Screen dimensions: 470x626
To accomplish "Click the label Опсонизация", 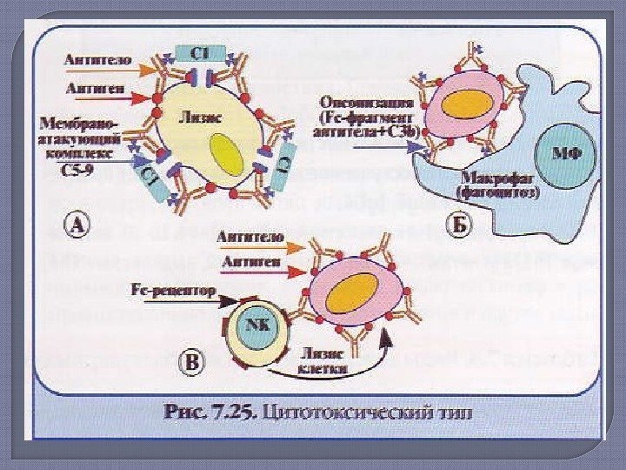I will click(x=361, y=101).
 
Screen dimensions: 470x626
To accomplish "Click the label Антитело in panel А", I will click(x=97, y=61).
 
